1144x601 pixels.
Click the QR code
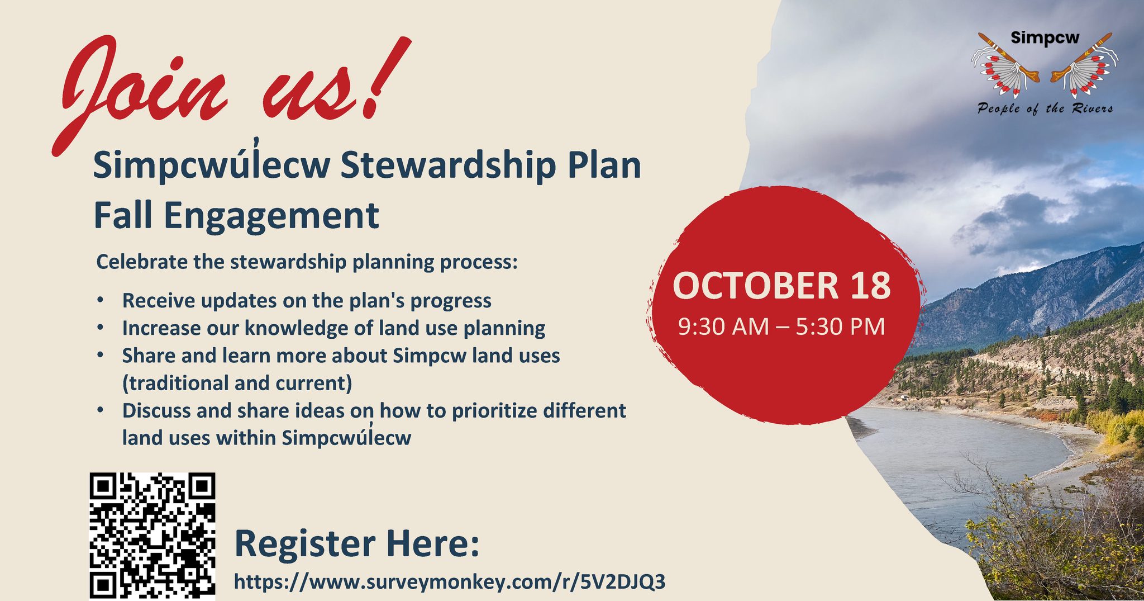pyautogui.click(x=152, y=536)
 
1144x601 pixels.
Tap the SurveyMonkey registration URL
pyautogui.click(x=450, y=582)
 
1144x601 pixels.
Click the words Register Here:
pyautogui.click(x=357, y=543)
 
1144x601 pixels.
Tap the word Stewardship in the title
pyautogui.click(x=448, y=167)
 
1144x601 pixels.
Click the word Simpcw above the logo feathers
pyautogui.click(x=1045, y=38)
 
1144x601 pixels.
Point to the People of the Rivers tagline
pyautogui.click(x=1045, y=108)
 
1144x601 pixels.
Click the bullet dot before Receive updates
pyautogui.click(x=101, y=300)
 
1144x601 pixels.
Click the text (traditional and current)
pyautogui.click(x=237, y=384)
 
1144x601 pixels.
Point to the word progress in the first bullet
pyautogui.click(x=451, y=301)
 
